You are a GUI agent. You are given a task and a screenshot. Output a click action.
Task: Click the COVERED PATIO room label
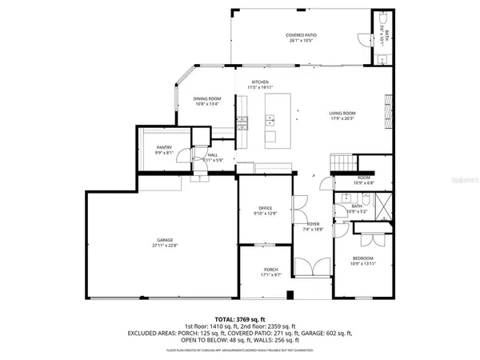[302, 35]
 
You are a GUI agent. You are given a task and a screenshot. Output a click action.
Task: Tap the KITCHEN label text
[260, 82]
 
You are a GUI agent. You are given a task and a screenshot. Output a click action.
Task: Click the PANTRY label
[164, 147]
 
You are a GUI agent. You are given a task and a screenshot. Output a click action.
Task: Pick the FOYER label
[313, 224]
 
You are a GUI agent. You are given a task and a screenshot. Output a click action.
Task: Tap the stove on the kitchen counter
[241, 122]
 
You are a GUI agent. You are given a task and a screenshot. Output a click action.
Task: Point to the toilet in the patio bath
[382, 20]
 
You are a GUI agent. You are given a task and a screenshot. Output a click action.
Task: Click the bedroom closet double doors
[370, 238]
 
